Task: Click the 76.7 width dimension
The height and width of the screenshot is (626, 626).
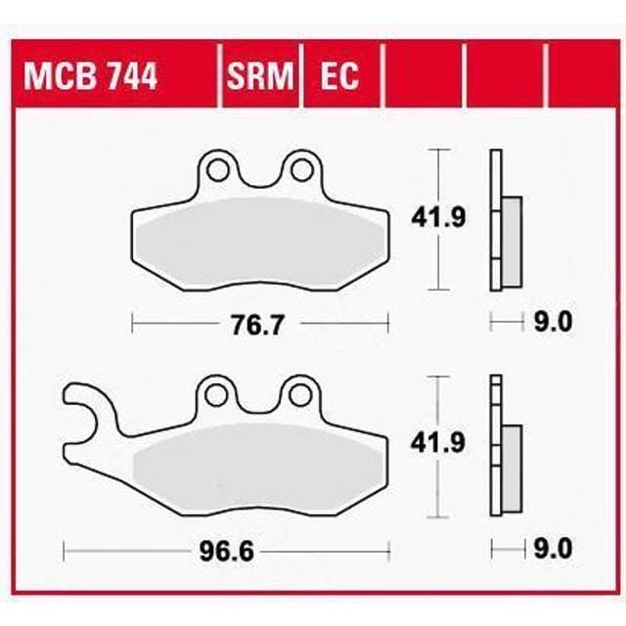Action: [259, 323]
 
